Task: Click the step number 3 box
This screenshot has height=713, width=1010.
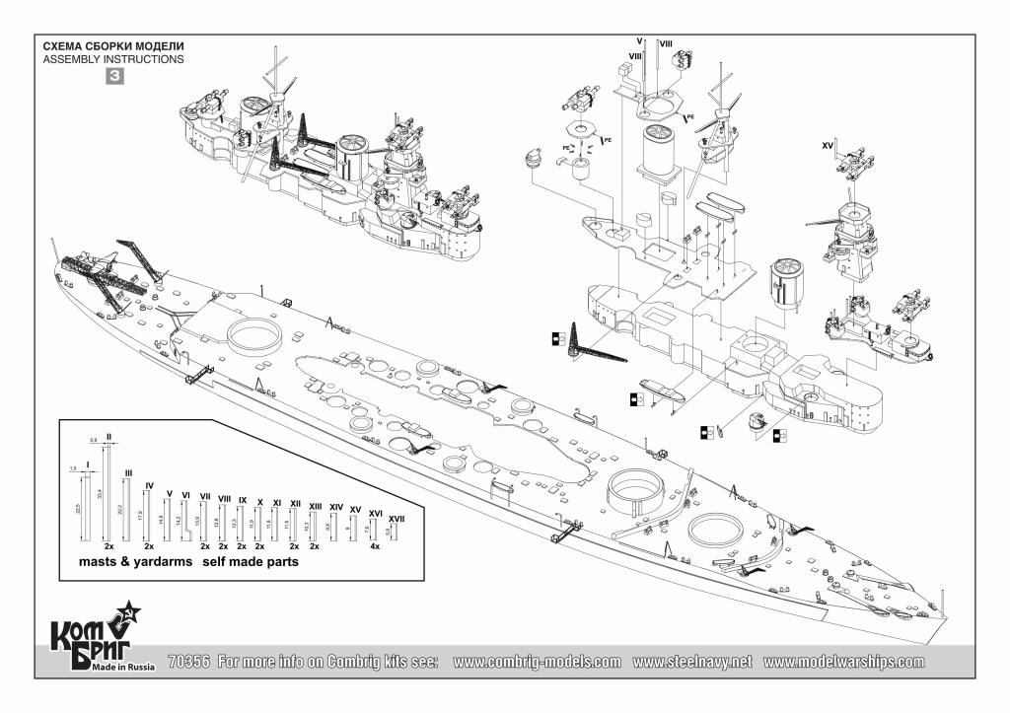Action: click(114, 76)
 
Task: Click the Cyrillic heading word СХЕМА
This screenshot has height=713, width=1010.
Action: click(64, 46)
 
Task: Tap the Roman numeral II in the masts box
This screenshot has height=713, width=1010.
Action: click(108, 436)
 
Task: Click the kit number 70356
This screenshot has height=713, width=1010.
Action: click(188, 662)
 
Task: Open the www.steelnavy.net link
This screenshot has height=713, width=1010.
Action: click(692, 662)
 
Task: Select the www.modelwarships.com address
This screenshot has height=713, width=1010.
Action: click(843, 662)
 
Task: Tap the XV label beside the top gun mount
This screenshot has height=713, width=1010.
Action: click(829, 146)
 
